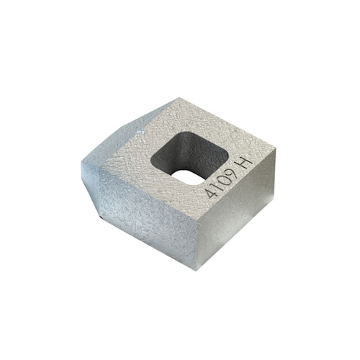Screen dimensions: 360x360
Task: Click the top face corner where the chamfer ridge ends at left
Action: pos(99,153)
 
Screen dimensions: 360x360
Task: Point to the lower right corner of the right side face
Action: pos(274,197)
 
